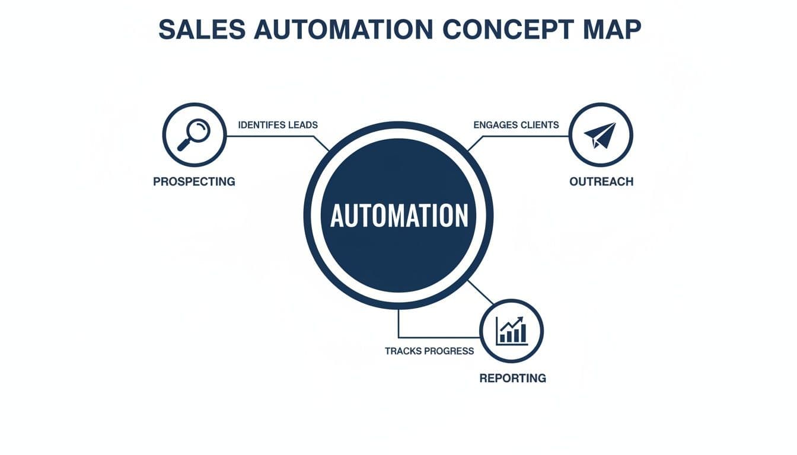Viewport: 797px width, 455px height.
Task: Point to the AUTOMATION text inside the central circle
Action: point(398,215)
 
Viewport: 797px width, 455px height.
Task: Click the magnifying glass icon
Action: point(194,134)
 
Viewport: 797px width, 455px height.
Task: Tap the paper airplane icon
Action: point(600,134)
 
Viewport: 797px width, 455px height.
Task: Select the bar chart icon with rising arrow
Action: point(511,331)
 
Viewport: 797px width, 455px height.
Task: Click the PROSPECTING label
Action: point(194,182)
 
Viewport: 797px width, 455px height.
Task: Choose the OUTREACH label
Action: point(601,182)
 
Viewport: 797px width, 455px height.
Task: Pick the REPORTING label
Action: point(512,378)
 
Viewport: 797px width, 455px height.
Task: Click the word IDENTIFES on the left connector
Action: point(262,125)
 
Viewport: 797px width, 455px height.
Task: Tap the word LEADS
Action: point(302,125)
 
